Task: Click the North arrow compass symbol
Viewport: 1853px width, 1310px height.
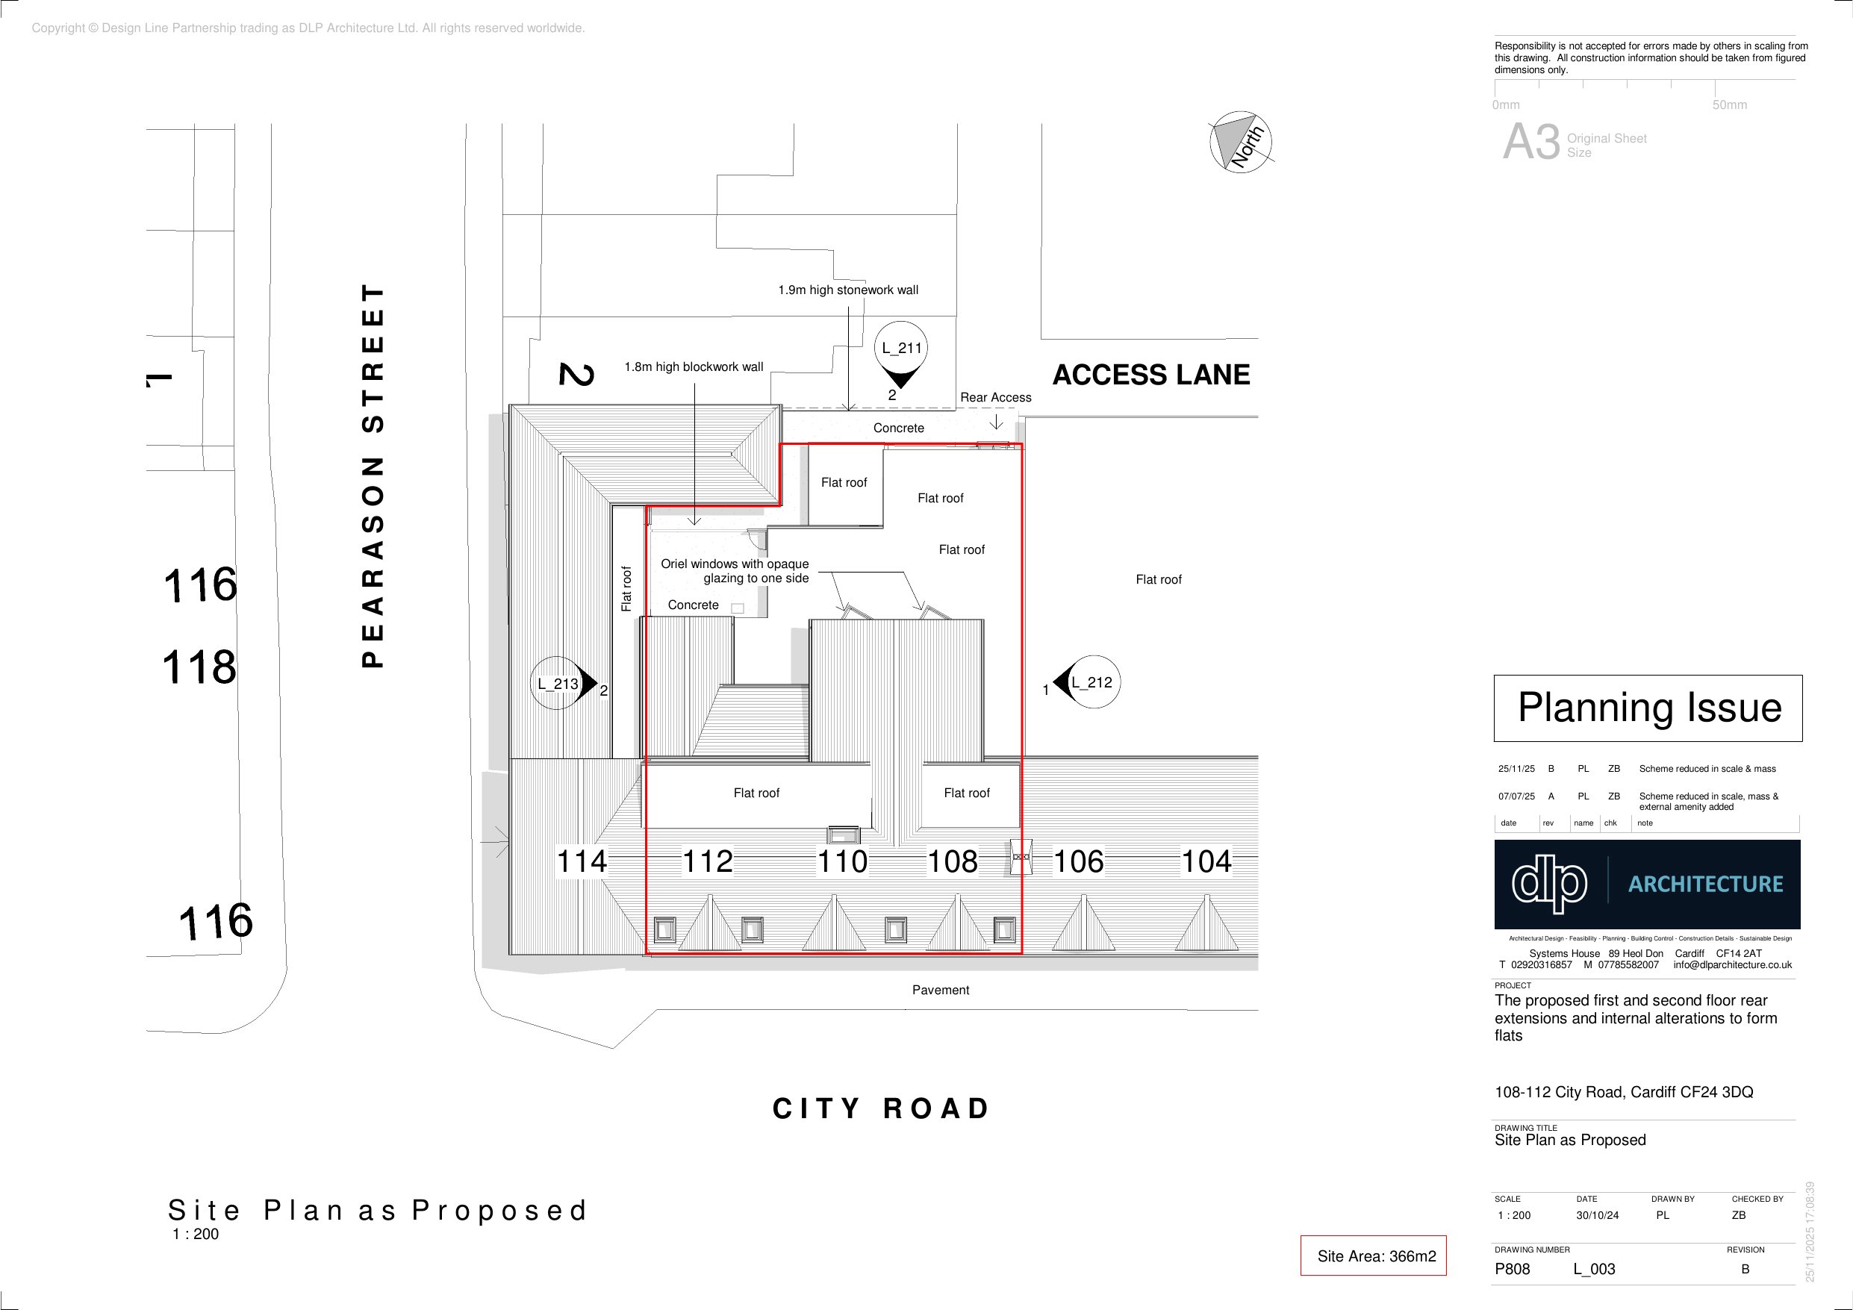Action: (x=1242, y=141)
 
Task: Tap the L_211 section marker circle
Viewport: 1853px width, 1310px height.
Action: (x=900, y=349)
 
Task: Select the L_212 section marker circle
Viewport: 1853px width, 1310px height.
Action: (x=1094, y=682)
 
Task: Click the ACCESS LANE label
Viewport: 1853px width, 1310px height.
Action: (x=1151, y=375)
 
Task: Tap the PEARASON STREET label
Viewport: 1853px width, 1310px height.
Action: (x=372, y=475)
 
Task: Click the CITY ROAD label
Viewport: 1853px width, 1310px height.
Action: (x=880, y=1108)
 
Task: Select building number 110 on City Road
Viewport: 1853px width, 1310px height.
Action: (x=843, y=861)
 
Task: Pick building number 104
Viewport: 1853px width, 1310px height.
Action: (x=1206, y=861)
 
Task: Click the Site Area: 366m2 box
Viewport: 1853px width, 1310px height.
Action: (x=1373, y=1256)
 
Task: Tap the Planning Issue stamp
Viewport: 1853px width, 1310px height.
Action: (x=1648, y=708)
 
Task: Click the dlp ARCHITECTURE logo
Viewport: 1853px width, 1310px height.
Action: (x=1647, y=884)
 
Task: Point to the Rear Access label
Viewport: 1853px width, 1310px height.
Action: (x=995, y=397)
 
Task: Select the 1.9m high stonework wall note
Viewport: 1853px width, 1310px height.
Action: (x=848, y=290)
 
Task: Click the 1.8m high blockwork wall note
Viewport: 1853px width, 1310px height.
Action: (x=694, y=367)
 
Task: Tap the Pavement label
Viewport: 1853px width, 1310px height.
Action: (x=940, y=990)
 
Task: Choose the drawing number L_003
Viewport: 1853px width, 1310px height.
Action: (x=1594, y=1269)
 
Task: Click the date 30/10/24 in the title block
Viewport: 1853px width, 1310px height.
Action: (x=1597, y=1214)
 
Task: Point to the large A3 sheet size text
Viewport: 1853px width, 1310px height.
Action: (x=1531, y=143)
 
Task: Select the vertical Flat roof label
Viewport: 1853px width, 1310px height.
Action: (x=626, y=588)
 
